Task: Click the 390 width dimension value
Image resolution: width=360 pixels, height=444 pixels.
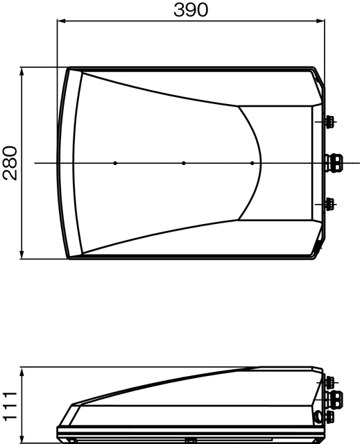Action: coord(190,10)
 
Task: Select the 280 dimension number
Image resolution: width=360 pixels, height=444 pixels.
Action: coord(10,163)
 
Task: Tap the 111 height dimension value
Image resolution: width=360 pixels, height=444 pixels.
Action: coord(9,405)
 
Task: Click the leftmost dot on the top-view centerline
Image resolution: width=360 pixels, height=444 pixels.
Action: coord(115,163)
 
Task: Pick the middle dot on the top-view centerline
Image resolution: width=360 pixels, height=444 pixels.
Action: coord(183,163)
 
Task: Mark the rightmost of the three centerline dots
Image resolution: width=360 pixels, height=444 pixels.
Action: coord(252,163)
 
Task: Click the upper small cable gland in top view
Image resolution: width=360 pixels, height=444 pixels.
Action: coord(329,121)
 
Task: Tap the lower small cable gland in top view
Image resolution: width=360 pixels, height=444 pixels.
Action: coord(329,203)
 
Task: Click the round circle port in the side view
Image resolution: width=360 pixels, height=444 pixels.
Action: coord(319,416)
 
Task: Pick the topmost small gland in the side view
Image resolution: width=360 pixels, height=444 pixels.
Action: coord(329,382)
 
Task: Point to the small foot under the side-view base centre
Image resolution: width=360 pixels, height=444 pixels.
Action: coord(190,440)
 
